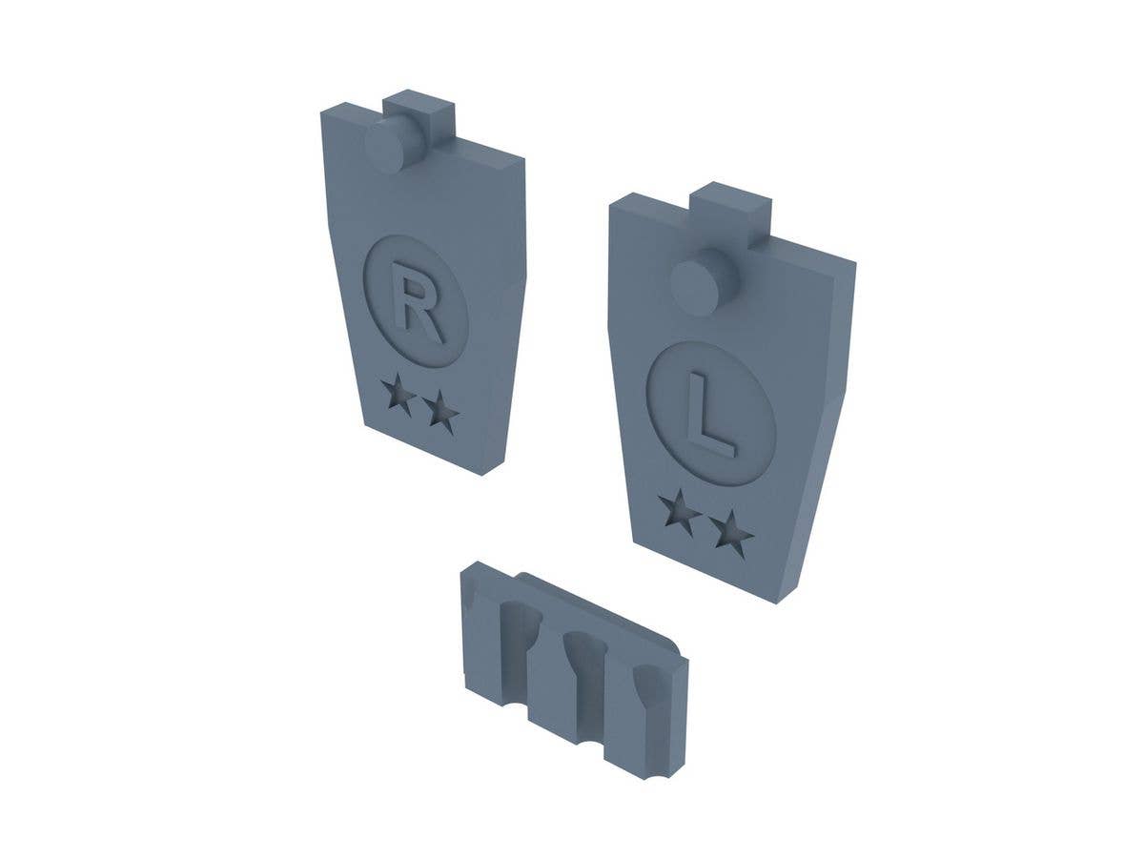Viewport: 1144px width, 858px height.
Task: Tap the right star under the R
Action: (x=440, y=414)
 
